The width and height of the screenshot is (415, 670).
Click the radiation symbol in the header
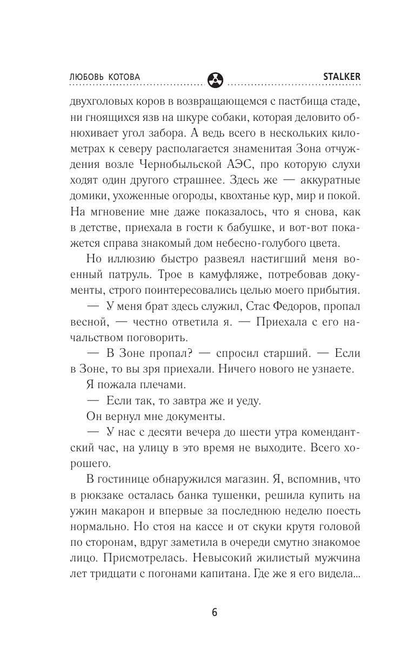click(214, 79)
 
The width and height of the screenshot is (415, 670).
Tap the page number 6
click(215, 612)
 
